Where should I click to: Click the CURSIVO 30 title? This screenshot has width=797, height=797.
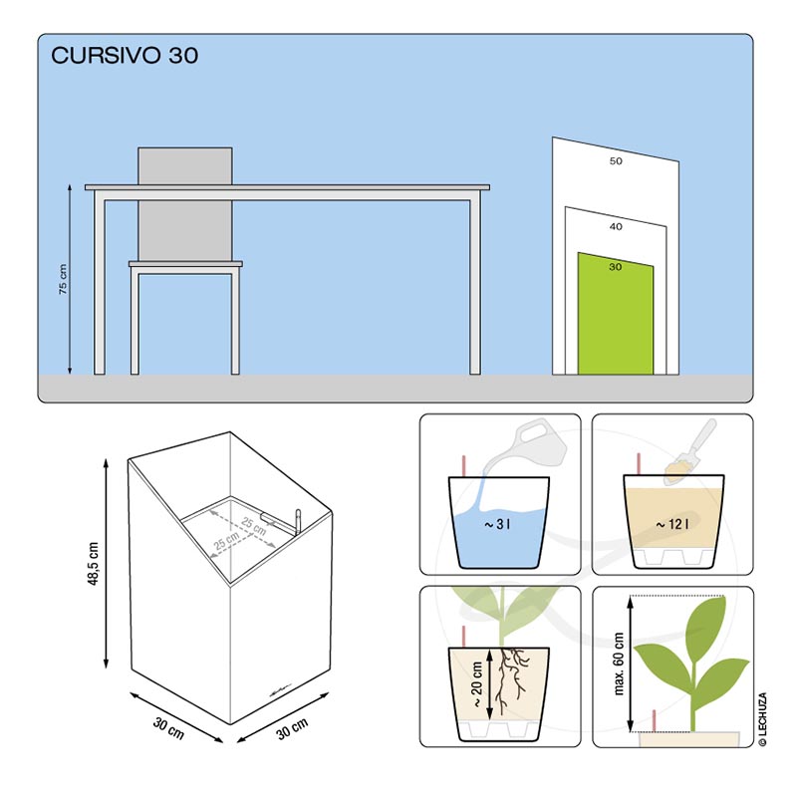[x=125, y=55]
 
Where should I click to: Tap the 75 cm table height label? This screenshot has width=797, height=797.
[x=63, y=279]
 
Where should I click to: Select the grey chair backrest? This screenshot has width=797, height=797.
[x=185, y=203]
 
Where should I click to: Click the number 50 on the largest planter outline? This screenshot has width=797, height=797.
[x=616, y=160]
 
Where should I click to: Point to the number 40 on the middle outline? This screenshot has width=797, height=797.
[x=616, y=226]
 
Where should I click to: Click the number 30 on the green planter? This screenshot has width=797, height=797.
[x=615, y=266]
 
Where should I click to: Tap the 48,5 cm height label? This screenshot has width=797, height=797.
[x=93, y=564]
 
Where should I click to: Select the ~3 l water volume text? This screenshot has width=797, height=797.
[x=497, y=524]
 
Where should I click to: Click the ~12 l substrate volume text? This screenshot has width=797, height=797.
[x=671, y=524]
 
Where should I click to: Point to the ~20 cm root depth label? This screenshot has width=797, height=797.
[x=477, y=683]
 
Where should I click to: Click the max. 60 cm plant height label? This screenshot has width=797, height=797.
[x=618, y=664]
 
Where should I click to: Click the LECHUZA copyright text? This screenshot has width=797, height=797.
[x=762, y=719]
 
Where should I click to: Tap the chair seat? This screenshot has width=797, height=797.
[x=185, y=264]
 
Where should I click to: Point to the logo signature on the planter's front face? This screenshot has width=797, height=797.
[x=280, y=690]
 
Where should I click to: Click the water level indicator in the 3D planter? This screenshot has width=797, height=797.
[x=297, y=521]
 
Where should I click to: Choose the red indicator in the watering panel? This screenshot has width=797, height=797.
[x=463, y=466]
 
